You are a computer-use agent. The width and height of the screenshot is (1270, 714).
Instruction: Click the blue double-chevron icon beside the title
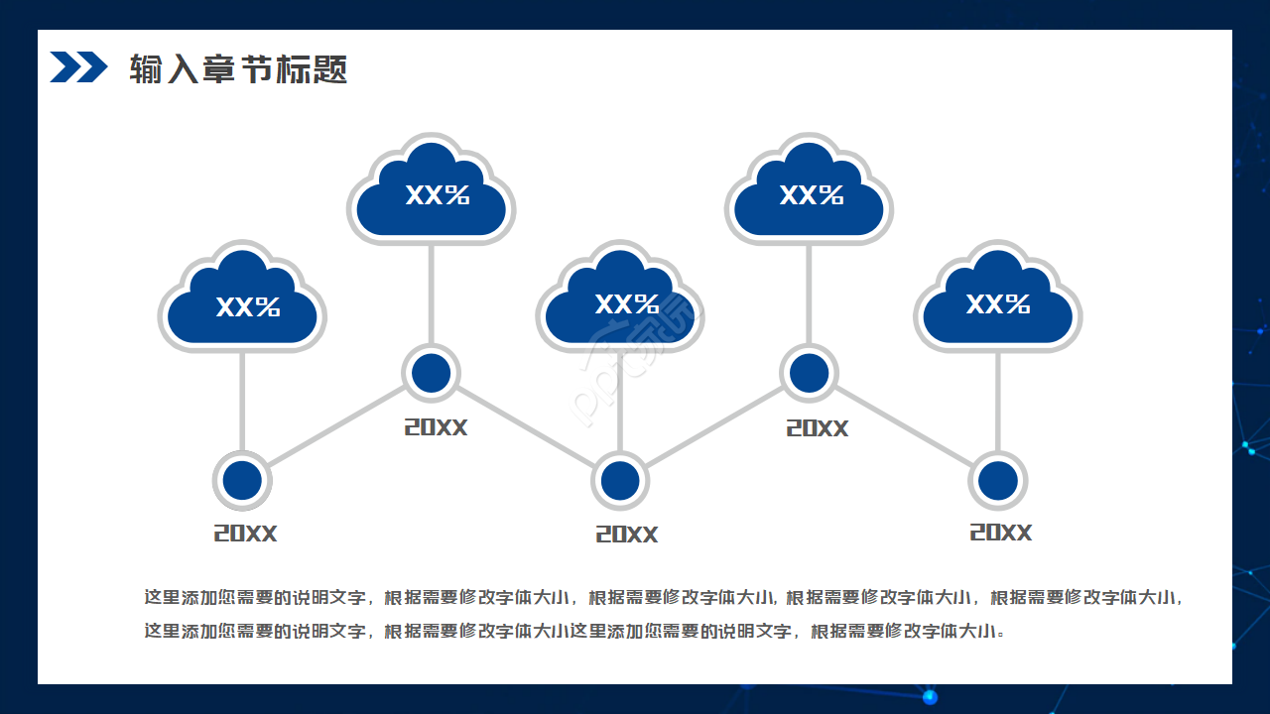click(78, 67)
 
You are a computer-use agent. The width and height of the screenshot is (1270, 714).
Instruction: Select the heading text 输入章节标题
click(238, 69)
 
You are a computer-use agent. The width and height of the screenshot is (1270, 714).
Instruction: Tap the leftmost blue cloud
click(242, 300)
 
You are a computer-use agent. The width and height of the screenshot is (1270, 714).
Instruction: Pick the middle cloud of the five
click(620, 300)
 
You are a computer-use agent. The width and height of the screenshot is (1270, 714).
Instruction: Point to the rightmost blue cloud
click(998, 300)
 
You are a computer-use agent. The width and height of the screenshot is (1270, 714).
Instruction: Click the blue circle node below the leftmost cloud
click(242, 480)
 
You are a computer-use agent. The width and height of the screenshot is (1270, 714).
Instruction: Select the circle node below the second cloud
click(432, 373)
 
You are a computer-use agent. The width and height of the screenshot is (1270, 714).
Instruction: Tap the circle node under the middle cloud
click(620, 480)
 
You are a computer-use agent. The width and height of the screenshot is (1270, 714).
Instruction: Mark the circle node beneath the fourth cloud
click(810, 373)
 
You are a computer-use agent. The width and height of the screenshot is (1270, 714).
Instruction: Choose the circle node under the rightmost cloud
click(998, 480)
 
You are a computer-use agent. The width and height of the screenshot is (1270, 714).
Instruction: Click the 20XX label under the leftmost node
click(245, 534)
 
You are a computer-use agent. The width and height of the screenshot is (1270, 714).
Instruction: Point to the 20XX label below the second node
click(436, 427)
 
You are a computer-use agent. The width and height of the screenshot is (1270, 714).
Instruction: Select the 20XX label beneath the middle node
click(626, 535)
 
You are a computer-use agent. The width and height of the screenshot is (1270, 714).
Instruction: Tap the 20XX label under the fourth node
click(818, 428)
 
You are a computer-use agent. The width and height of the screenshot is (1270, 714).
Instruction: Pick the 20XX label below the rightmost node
click(1000, 533)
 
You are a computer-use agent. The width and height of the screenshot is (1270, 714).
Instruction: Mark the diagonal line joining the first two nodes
click(336, 426)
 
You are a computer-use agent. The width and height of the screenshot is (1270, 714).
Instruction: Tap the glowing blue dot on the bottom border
click(930, 697)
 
